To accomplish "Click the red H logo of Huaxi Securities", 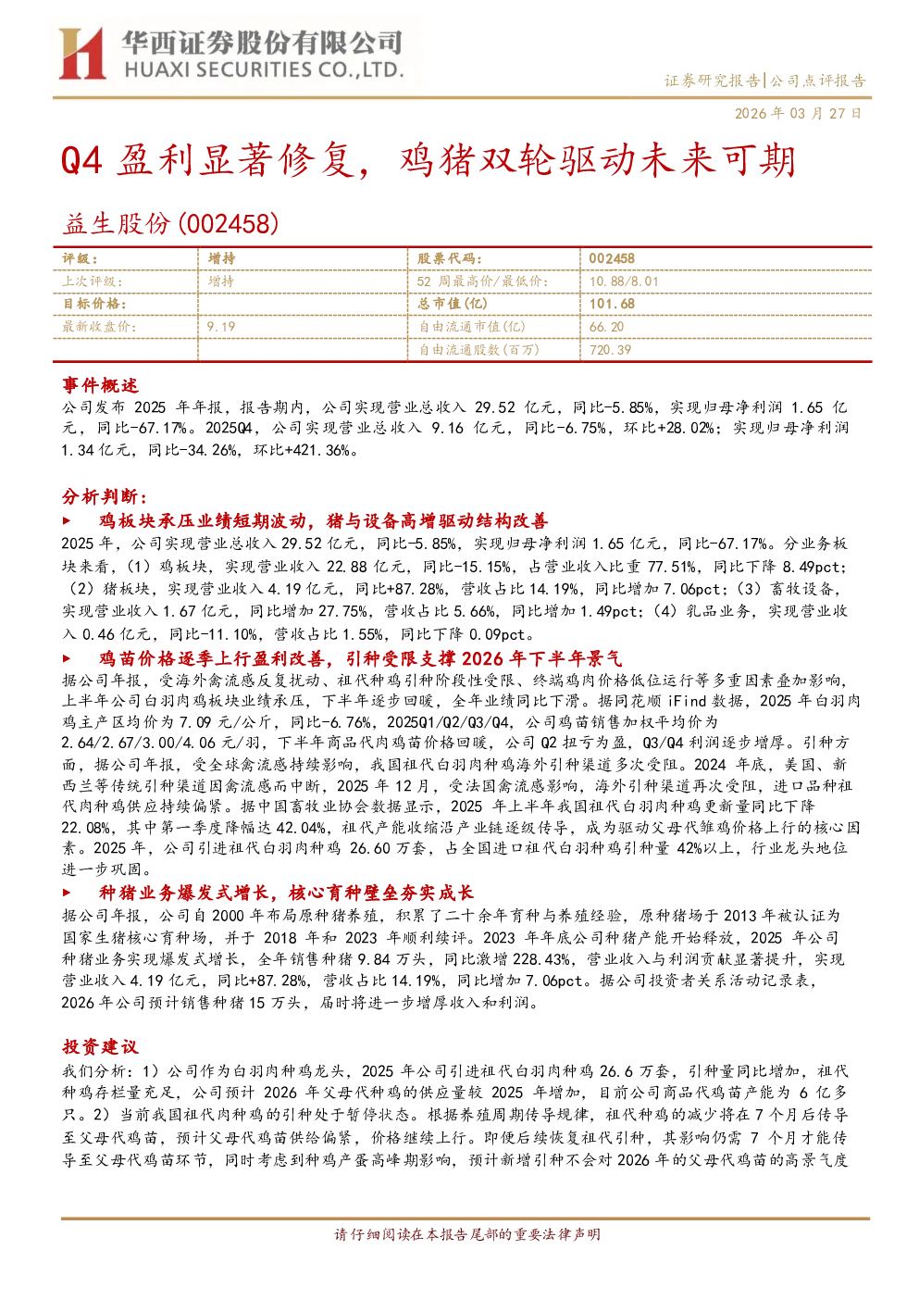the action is click(82, 54).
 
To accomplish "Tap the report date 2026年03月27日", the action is click(798, 113).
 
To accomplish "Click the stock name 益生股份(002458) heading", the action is click(170, 224).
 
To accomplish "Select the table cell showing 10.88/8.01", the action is click(624, 281).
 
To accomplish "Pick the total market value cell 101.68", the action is click(612, 304).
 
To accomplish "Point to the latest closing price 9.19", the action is click(221, 327).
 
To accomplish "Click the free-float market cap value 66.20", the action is click(606, 327).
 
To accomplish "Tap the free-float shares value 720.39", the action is click(610, 349).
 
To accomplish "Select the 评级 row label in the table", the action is click(81, 259).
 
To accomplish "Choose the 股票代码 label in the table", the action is click(449, 259).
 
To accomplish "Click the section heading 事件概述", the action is click(100, 385).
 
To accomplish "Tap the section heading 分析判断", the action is click(105, 496).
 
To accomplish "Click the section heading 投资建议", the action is click(100, 1046).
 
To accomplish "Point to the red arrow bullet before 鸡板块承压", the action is click(67, 520).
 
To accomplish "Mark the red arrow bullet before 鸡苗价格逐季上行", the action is click(67, 658).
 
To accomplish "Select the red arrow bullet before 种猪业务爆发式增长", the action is click(67, 892).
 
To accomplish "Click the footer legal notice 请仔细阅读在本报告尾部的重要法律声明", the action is click(467, 1234).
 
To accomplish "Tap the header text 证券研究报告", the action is click(712, 81).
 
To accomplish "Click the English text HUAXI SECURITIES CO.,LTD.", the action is click(264, 69).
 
